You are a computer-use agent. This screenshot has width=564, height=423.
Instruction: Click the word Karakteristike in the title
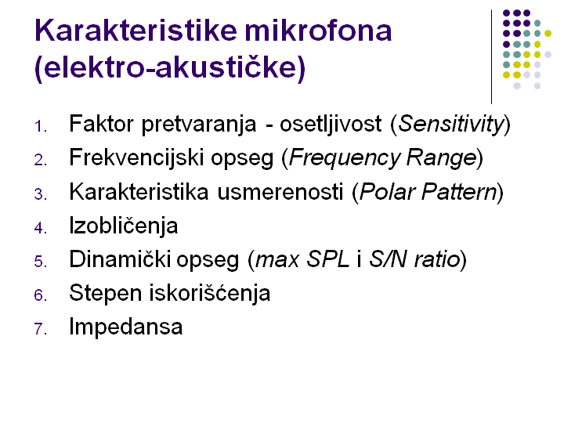136,31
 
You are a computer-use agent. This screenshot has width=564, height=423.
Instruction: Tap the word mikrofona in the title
318,31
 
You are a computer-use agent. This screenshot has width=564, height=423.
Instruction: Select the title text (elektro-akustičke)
170,67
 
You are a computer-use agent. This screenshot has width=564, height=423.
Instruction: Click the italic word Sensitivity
451,124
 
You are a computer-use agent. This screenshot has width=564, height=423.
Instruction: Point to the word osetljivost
331,124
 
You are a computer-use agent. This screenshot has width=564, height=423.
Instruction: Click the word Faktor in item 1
101,124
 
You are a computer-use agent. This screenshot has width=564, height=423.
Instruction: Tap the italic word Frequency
344,158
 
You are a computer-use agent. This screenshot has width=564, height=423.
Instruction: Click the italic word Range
441,158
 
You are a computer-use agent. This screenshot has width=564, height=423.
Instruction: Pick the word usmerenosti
280,192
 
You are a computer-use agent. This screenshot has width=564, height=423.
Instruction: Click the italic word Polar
388,192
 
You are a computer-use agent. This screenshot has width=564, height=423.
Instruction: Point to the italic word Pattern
459,192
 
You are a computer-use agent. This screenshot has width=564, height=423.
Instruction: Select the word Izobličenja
124,226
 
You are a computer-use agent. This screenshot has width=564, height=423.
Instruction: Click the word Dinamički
119,259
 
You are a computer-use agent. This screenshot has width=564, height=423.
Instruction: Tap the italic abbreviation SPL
327,259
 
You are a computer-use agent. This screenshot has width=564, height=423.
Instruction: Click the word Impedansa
126,327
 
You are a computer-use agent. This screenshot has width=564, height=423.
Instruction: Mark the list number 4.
40,228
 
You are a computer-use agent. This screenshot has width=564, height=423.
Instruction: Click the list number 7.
40,329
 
